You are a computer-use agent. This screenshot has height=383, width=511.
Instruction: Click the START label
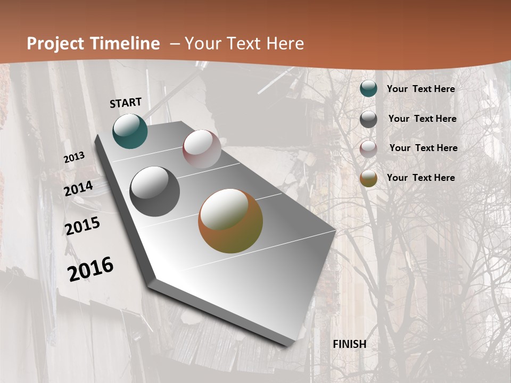point(126,103)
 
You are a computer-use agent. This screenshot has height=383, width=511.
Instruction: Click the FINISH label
point(350,344)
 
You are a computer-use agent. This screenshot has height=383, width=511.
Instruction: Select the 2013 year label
point(75,157)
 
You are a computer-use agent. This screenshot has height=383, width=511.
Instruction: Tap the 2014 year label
point(79,189)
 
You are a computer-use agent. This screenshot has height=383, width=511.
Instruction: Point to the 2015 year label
point(83,226)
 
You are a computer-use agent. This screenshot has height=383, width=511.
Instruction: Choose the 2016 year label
point(90,269)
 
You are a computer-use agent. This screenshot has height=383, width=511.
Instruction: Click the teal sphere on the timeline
point(130,131)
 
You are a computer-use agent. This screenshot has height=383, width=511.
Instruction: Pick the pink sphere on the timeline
point(202,149)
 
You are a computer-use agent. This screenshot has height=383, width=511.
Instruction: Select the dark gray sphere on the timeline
point(155,191)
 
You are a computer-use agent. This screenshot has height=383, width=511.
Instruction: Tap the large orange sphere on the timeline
point(230,221)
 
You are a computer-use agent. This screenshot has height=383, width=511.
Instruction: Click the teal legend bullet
point(368,89)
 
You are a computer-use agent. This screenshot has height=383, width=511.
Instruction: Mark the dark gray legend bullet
point(368,119)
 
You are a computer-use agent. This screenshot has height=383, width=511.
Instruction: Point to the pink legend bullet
point(368,149)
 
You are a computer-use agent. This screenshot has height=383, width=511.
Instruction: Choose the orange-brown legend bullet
point(368,179)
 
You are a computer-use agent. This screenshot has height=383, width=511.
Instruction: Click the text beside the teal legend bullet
point(421,89)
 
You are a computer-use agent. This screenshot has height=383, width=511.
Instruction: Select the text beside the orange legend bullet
point(421,178)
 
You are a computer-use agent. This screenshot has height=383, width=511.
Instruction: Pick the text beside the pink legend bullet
point(423,148)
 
